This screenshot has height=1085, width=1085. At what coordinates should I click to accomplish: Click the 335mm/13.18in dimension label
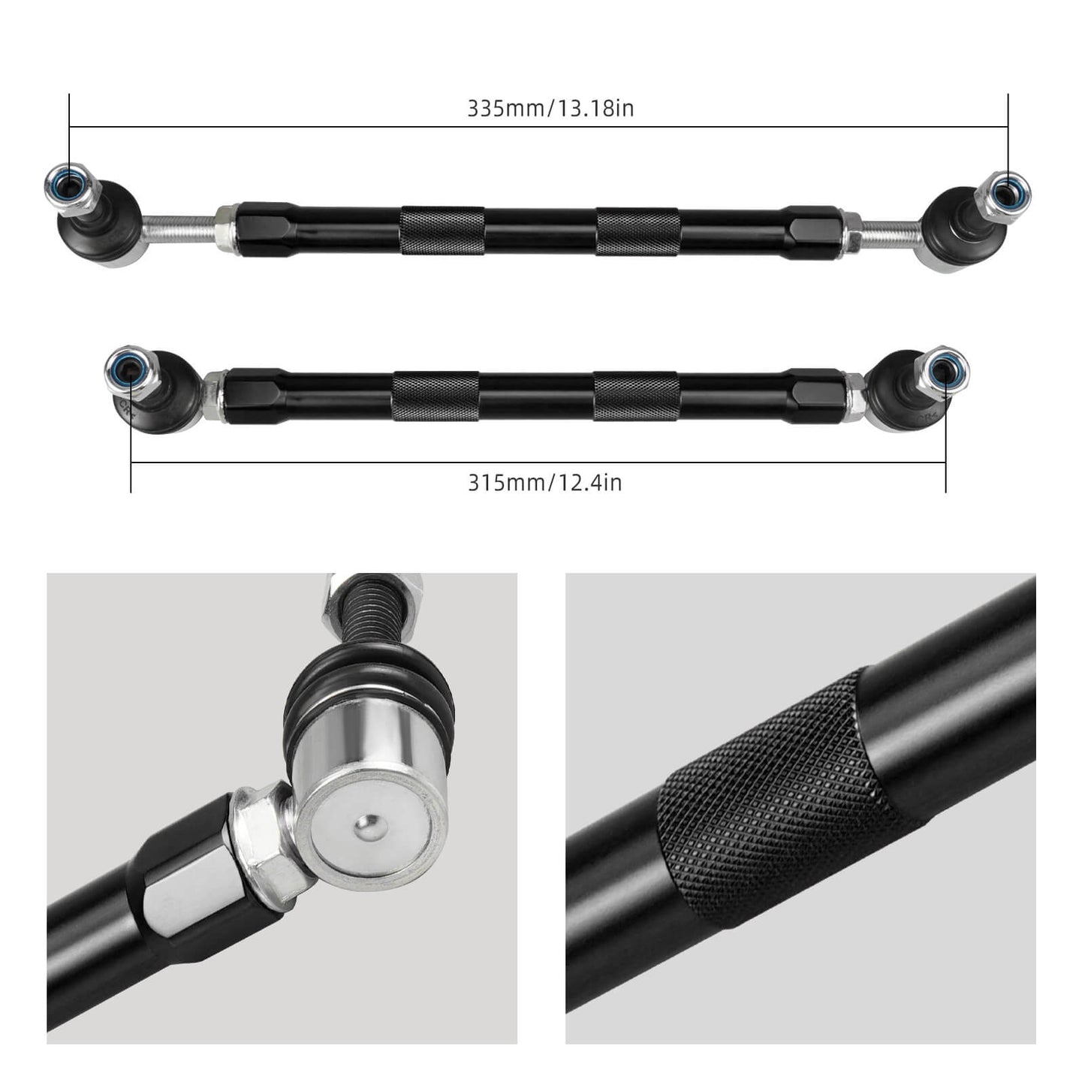[550, 109]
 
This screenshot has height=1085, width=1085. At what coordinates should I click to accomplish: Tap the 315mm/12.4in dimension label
[545, 482]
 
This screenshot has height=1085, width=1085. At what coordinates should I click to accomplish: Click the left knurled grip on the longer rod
[442, 230]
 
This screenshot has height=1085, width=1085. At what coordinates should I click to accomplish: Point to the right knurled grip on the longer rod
[637, 231]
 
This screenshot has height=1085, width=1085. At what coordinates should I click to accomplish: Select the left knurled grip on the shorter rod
[435, 396]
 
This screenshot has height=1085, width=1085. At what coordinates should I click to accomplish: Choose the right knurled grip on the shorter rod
[636, 396]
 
